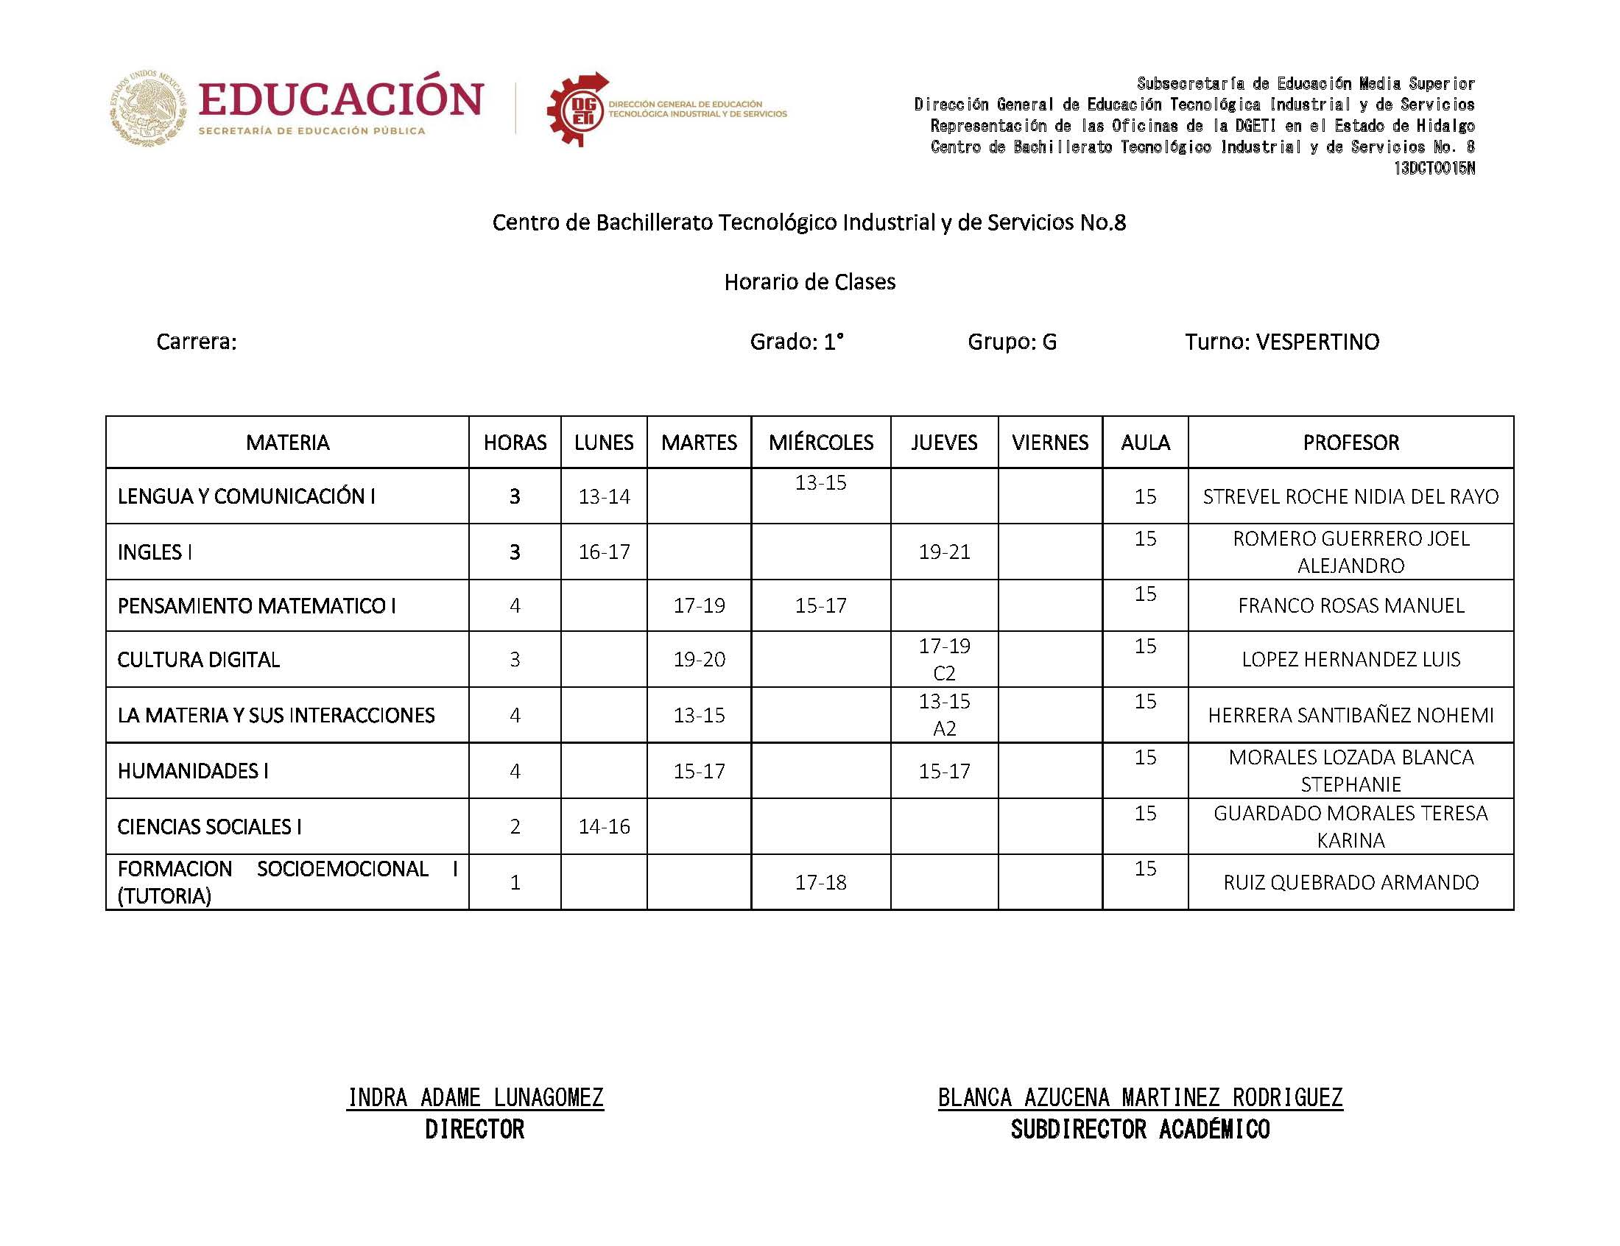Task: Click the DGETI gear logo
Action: point(577,110)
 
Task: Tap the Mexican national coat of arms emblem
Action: point(148,108)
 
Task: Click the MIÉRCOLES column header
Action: point(820,443)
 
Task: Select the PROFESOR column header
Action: point(1350,443)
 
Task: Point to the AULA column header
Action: point(1145,443)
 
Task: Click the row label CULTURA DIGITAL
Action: point(199,659)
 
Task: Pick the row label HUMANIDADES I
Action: point(193,770)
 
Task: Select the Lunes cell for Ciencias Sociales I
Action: point(604,826)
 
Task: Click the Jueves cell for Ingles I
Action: point(944,552)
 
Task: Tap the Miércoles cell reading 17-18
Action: point(820,881)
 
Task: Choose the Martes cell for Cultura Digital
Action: point(698,659)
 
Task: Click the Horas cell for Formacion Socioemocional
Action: point(515,881)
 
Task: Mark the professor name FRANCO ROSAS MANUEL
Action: point(1350,605)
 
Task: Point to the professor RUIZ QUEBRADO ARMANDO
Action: point(1350,881)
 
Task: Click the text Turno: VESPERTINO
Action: point(1281,342)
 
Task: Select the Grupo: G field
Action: point(1011,342)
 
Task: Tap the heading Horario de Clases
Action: point(809,282)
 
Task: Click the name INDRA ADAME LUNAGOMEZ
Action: point(475,1097)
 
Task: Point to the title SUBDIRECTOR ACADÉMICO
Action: point(1140,1130)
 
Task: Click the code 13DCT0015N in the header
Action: point(1434,169)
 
